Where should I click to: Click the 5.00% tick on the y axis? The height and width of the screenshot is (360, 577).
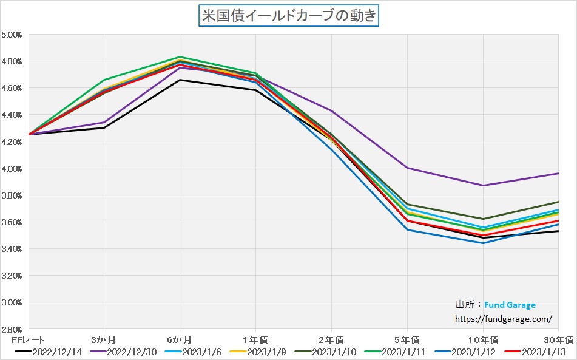(12, 35)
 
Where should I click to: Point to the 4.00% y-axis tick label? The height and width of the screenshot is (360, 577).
(12, 168)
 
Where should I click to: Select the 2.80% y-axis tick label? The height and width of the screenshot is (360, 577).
(12, 329)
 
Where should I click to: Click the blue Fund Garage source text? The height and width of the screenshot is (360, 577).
(510, 305)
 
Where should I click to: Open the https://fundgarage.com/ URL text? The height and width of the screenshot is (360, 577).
(504, 318)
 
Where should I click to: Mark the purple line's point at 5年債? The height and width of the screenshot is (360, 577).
(407, 168)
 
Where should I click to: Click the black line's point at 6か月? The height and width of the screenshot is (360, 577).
(180, 80)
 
